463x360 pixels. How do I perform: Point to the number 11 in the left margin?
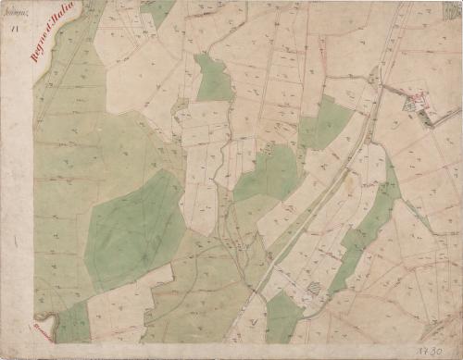[x=15, y=31]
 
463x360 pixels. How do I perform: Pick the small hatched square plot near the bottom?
[x=316, y=289]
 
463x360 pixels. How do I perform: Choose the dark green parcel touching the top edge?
[x=157, y=11]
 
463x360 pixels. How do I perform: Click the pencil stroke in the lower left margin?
[x=16, y=242]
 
